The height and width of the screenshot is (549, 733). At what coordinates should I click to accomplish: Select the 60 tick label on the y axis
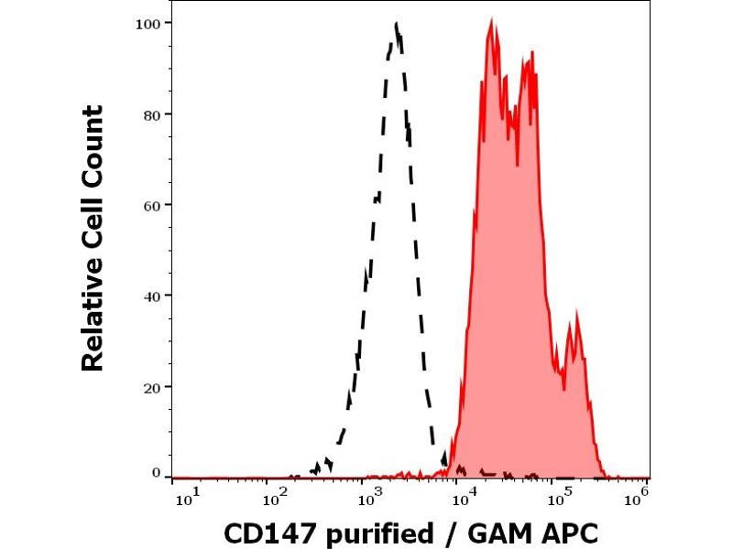[x=153, y=204]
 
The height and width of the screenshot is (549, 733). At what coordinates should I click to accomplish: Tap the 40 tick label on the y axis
[x=153, y=296]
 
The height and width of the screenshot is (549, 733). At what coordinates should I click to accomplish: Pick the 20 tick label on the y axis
[x=153, y=386]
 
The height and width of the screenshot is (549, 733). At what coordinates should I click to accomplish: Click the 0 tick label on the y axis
[x=157, y=473]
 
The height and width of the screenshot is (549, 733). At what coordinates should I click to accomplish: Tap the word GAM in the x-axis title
[x=494, y=533]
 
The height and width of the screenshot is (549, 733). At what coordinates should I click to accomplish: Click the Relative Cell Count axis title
[x=93, y=238]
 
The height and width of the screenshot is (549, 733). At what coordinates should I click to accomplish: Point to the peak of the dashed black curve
[x=396, y=25]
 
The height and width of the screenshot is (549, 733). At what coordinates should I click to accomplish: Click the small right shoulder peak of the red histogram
[x=576, y=314]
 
